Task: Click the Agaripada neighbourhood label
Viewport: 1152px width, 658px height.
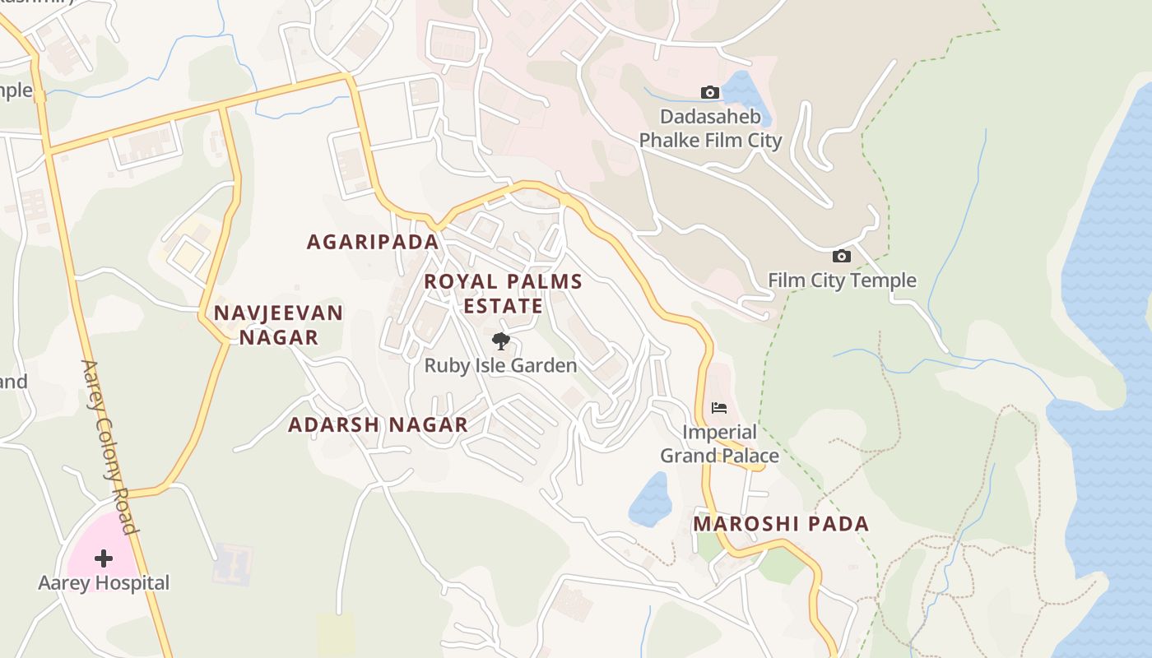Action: pos(373,242)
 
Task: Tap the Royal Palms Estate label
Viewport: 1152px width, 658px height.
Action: pos(503,294)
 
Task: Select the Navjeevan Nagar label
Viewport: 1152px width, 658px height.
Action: pos(278,325)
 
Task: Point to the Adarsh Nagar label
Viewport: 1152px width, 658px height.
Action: pos(378,424)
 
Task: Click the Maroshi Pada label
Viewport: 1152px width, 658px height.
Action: pos(781,524)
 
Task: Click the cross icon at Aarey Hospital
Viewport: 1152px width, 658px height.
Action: pos(104,558)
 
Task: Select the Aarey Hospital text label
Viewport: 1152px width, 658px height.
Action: pos(104,583)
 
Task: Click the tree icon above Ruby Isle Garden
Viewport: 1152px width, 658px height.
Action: pos(500,341)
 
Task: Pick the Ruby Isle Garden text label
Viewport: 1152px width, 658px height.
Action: pos(500,365)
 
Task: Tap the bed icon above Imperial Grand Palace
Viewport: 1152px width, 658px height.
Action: pos(719,408)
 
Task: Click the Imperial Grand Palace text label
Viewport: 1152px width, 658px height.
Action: pos(719,443)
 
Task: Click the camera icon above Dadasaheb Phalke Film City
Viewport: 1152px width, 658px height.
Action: pos(710,92)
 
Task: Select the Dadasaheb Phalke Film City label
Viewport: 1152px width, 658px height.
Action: pos(710,128)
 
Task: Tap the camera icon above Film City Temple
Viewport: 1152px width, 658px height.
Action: pos(842,256)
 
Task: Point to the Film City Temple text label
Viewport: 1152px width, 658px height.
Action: pos(842,280)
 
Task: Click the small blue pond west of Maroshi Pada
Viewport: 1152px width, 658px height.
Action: pos(650,499)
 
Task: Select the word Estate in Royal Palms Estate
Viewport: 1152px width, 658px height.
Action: pos(503,307)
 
